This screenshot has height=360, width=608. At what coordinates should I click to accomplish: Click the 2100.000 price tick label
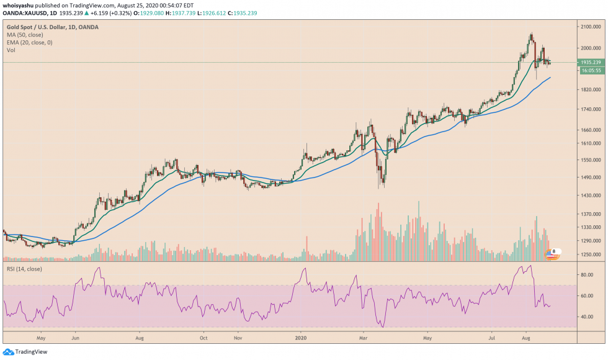click(x=590, y=27)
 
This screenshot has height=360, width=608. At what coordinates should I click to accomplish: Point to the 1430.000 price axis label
click(x=590, y=196)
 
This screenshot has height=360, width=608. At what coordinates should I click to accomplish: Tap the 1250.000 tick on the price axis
click(x=590, y=254)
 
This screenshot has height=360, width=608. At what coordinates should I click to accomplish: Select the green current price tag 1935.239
click(x=590, y=62)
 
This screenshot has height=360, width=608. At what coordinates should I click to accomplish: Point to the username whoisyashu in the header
click(x=18, y=5)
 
